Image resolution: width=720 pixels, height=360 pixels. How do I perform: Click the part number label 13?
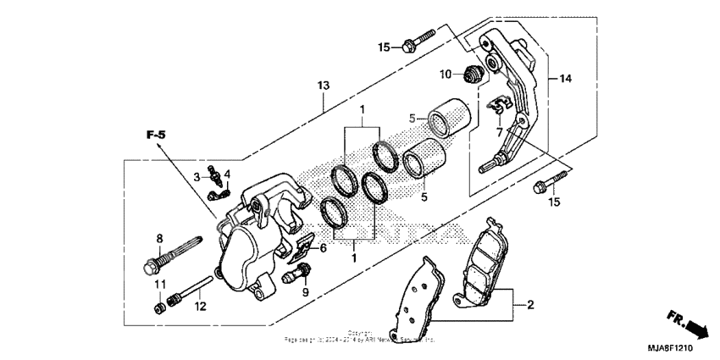tap(322, 86)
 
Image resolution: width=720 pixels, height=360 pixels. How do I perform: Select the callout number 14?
tap(565, 79)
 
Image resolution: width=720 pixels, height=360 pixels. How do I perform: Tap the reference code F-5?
tap(155, 135)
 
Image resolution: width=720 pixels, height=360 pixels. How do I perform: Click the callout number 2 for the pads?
tap(529, 304)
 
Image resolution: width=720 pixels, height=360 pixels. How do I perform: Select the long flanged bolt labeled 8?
tap(174, 251)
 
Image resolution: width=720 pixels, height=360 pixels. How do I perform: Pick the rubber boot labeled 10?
tap(474, 73)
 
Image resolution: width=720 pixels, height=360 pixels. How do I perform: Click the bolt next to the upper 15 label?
tap(419, 40)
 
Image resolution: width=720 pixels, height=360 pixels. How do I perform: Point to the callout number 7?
tap(500, 133)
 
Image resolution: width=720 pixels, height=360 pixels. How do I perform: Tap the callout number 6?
tap(322, 248)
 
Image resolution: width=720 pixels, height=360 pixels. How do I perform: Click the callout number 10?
tap(446, 75)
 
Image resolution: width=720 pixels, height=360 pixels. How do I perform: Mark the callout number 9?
tap(307, 292)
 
